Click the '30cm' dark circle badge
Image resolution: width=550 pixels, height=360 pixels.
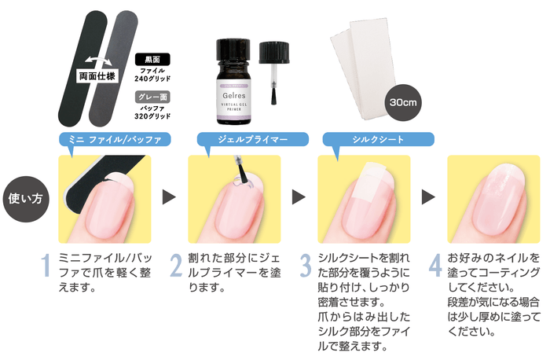(403, 102)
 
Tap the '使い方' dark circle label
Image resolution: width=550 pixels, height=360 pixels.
(26, 199)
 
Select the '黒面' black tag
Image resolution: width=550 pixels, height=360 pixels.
(152, 60)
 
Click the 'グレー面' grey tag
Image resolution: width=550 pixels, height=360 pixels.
(152, 97)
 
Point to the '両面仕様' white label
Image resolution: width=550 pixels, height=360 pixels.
(97, 76)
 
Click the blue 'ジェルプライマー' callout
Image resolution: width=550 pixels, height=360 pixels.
(252, 140)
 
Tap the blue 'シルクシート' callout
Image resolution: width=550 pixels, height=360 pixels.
(378, 140)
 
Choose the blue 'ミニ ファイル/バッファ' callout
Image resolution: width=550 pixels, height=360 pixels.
(115, 140)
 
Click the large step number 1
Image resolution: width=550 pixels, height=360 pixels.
(46, 265)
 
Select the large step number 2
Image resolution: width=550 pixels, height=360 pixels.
(176, 265)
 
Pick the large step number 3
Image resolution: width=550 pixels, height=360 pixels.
(306, 265)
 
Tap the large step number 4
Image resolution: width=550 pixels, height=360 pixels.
(435, 265)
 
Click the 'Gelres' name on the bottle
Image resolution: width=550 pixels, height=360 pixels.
(234, 95)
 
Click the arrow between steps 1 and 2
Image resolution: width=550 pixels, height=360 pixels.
(169, 197)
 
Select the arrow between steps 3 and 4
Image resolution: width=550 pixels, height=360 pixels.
(428, 197)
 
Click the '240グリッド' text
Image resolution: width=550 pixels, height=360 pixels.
(152, 79)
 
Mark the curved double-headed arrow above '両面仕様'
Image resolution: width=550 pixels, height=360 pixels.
(98, 61)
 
